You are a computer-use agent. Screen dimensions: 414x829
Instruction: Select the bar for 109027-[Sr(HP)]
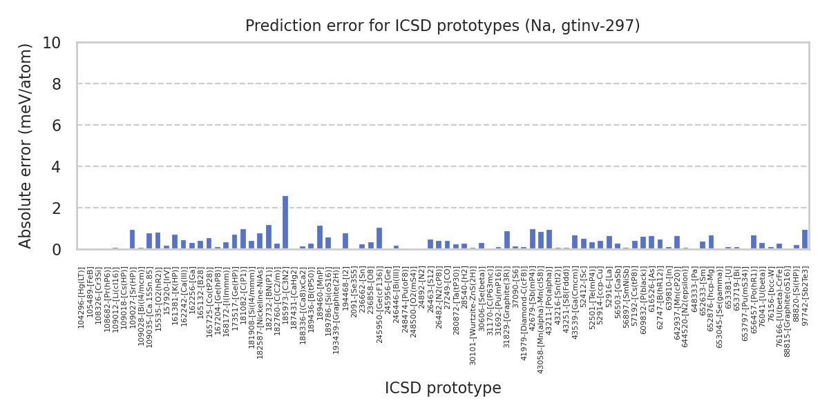tap(132, 239)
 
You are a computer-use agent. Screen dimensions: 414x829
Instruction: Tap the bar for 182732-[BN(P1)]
tap(269, 237)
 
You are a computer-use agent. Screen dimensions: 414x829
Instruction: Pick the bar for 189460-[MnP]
tap(320, 237)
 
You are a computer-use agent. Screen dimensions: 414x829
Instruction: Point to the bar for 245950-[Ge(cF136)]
tap(379, 238)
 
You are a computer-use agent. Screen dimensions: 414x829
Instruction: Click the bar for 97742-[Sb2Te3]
tap(805, 239)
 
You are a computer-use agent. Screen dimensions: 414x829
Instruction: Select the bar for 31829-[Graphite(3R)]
tap(507, 240)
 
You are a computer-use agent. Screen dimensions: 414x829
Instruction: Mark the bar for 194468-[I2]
tap(345, 241)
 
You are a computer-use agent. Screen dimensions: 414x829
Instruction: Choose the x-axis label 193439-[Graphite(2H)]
tap(336, 304)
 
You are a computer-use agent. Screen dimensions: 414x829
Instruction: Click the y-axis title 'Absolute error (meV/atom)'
tap(26, 146)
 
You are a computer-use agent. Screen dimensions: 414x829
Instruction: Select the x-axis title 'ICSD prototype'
tap(443, 388)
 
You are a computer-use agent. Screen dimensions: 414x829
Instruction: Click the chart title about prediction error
tap(443, 26)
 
